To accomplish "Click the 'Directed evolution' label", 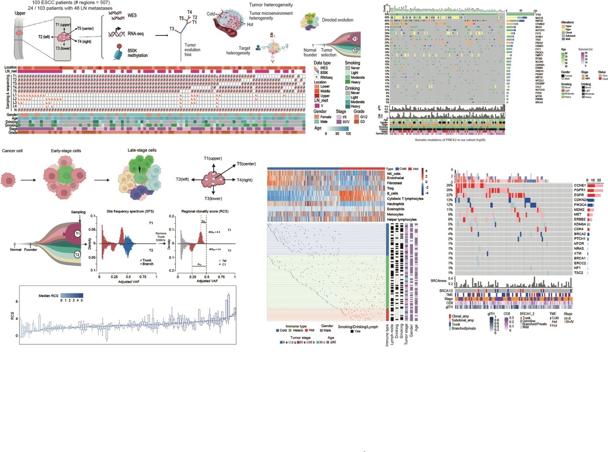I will pos(337,21).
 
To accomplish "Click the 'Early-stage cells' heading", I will pos(66,151).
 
